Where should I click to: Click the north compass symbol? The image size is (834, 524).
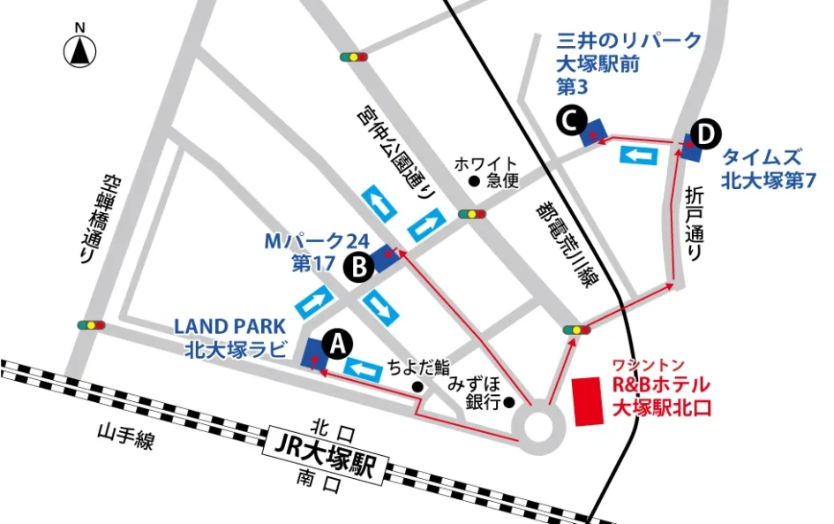[x=79, y=50]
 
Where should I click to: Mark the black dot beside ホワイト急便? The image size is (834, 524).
[x=474, y=182]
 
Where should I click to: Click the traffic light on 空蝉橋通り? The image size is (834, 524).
[x=91, y=325]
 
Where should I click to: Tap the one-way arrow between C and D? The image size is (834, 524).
[x=641, y=156]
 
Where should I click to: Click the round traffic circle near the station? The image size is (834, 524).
[x=538, y=425]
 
